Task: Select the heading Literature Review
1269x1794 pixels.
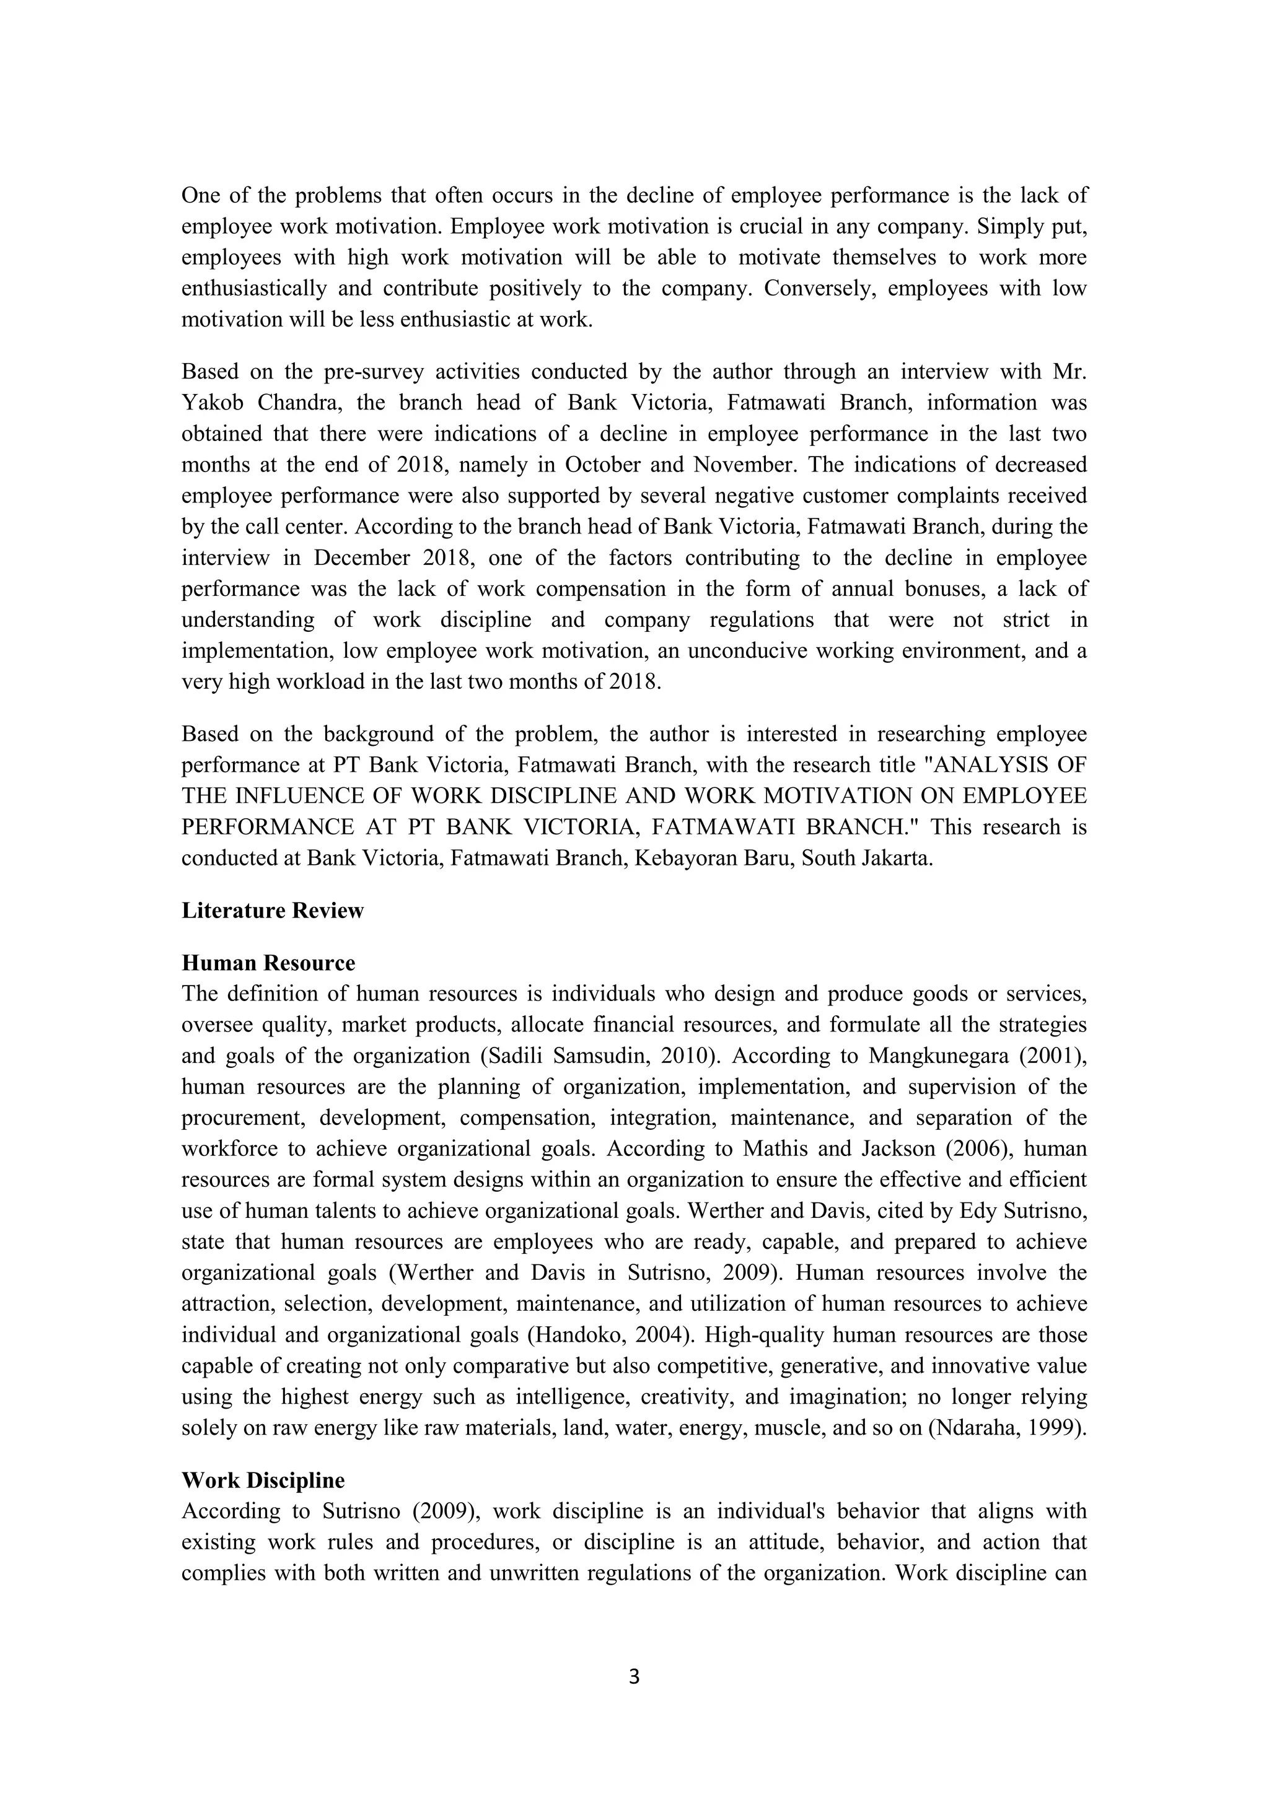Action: (x=273, y=910)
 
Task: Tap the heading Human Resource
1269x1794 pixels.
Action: (x=268, y=963)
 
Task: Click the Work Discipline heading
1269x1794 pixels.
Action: (x=263, y=1481)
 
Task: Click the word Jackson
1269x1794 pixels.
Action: (x=852, y=1149)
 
